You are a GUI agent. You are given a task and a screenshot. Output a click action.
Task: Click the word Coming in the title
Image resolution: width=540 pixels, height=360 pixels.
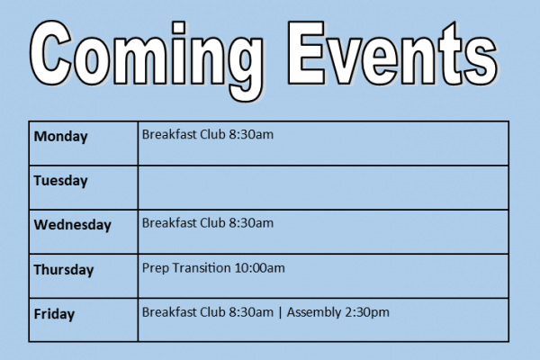(147, 58)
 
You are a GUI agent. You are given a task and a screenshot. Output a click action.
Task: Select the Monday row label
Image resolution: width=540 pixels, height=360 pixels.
(60, 137)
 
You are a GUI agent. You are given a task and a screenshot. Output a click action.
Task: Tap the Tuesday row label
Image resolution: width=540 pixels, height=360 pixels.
(60, 181)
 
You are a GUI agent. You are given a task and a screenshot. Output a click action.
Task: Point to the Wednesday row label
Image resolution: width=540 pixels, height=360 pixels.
(73, 225)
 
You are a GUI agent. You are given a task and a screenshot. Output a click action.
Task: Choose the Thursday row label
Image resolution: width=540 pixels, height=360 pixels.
(64, 270)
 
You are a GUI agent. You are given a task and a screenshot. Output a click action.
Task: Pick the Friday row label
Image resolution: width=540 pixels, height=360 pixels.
(54, 314)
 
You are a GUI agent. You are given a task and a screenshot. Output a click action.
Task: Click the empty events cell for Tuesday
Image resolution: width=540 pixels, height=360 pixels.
(323, 188)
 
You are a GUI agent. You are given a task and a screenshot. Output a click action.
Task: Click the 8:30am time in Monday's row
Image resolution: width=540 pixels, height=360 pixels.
(251, 134)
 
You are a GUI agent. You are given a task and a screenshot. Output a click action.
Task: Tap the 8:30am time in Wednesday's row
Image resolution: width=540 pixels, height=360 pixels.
(251, 223)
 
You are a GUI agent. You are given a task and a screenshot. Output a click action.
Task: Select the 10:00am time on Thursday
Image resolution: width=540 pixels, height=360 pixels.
(260, 268)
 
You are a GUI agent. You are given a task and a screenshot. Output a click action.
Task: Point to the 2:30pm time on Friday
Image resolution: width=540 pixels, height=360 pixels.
(367, 312)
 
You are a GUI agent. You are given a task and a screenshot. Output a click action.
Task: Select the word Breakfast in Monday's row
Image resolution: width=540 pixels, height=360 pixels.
(169, 134)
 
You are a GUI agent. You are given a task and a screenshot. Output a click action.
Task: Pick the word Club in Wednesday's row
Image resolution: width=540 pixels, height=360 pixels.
(212, 223)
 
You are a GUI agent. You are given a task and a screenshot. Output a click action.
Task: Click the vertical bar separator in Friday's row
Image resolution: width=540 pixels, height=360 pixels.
(280, 313)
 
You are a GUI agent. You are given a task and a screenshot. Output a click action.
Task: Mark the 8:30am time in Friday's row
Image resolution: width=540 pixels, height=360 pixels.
(251, 312)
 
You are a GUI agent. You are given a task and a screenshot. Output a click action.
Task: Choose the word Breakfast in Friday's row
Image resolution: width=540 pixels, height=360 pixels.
(169, 312)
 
